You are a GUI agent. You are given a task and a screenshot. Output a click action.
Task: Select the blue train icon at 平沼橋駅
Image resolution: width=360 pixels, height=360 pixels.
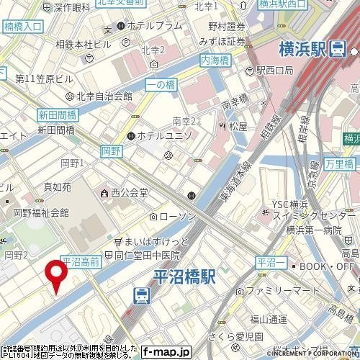point(141,295)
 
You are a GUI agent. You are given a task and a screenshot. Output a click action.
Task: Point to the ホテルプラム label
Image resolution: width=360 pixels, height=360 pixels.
point(154,25)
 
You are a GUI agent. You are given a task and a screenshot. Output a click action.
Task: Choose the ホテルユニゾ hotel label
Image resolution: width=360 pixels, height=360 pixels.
point(165,135)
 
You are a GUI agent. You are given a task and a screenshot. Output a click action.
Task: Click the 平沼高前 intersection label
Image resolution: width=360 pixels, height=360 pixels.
point(80,263)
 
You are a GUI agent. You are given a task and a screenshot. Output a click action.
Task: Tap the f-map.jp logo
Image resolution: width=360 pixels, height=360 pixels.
point(166,352)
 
